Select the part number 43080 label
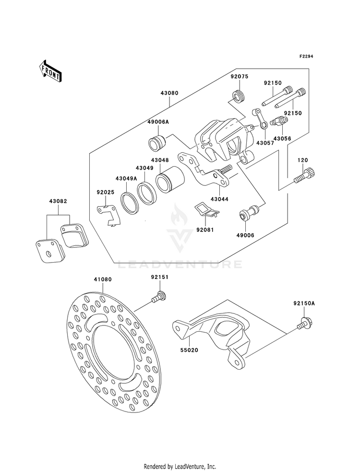(169, 93)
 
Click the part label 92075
(240, 76)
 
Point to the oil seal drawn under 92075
(239, 97)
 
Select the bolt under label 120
(303, 176)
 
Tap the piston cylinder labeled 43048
(170, 180)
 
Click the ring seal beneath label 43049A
(130, 201)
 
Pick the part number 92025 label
(106, 192)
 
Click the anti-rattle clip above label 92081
(207, 209)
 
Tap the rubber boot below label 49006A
(157, 141)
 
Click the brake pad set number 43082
(58, 201)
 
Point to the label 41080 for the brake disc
(103, 279)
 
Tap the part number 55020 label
(190, 350)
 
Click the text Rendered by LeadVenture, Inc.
(180, 466)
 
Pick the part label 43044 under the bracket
(219, 199)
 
